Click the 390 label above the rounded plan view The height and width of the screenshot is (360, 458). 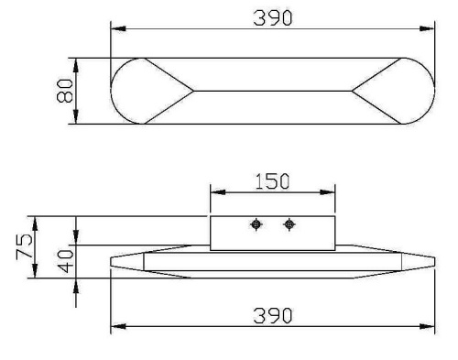[274, 17]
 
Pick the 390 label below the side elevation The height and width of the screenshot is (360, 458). [274, 315]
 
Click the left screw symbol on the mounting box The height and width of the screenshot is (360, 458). [258, 224]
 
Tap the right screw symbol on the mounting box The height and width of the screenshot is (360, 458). [289, 224]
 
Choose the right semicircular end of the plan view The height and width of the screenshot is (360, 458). [418, 91]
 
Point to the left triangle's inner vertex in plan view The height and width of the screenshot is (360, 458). [194, 91]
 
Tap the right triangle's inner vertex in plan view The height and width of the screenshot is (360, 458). [352, 91]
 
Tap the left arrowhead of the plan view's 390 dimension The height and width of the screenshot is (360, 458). [116, 29]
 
